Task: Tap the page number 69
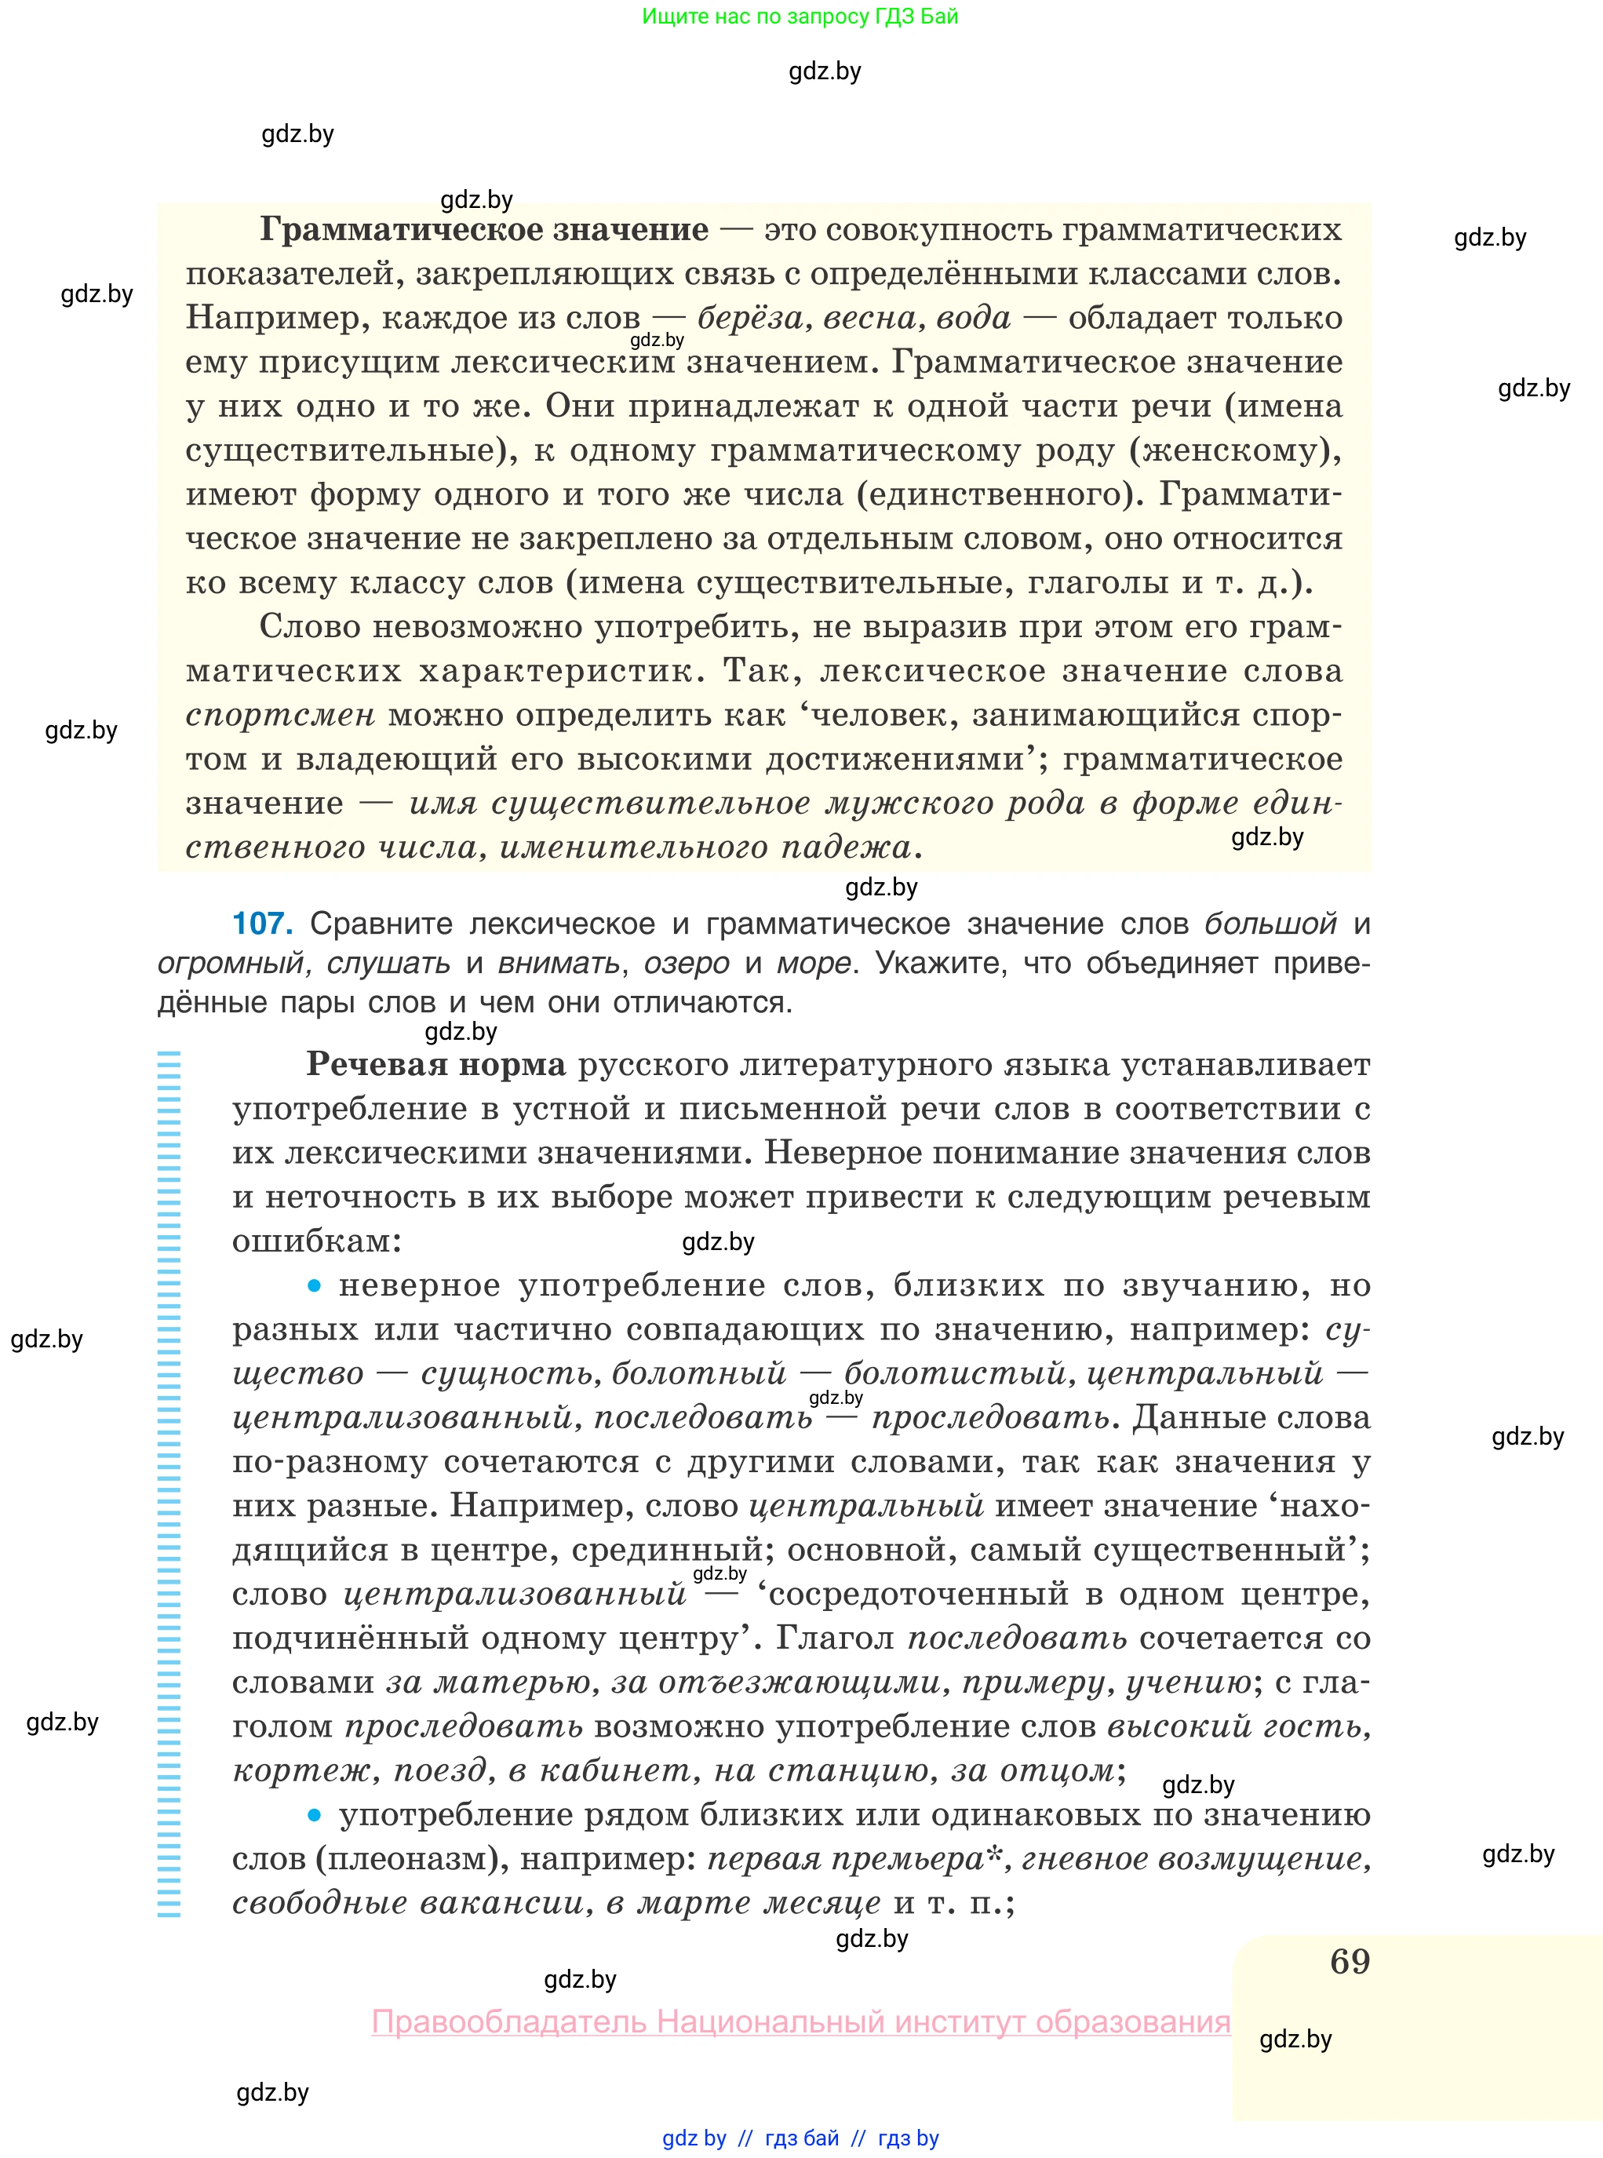coord(1350,1961)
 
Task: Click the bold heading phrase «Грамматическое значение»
coord(484,230)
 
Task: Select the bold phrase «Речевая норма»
coord(435,1064)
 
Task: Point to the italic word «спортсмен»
coord(279,715)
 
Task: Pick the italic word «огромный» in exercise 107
coord(231,964)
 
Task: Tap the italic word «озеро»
coord(686,964)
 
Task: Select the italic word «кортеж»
coord(303,1771)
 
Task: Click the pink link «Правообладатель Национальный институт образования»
coord(800,2022)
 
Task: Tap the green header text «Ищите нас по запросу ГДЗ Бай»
coord(800,16)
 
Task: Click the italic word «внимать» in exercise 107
coord(558,964)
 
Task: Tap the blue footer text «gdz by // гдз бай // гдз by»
coord(800,2138)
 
